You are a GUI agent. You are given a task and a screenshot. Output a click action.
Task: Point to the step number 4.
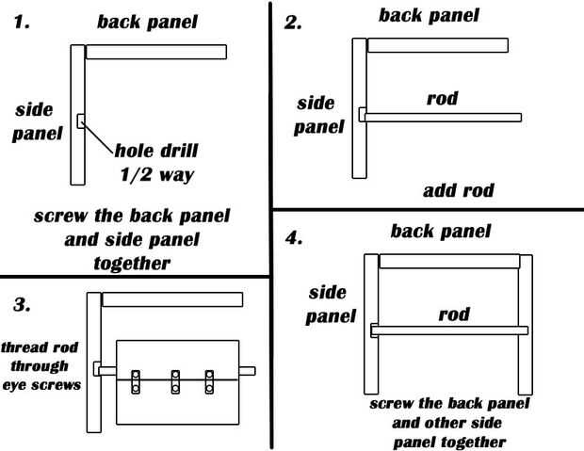(295, 236)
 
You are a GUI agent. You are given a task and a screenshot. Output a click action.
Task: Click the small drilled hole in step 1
(81, 120)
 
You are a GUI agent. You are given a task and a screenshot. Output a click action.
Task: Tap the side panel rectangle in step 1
(77, 114)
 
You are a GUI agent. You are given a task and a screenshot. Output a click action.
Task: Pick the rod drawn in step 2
(443, 117)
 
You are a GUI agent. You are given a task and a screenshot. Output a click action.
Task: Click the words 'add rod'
(459, 191)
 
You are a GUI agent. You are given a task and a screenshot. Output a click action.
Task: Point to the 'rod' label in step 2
(442, 98)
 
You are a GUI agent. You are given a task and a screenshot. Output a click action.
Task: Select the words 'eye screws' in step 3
(41, 384)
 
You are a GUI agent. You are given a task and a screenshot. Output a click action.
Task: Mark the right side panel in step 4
(526, 325)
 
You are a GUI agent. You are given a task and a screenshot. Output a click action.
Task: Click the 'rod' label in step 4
(454, 313)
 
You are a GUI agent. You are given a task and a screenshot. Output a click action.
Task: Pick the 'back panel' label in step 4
(441, 231)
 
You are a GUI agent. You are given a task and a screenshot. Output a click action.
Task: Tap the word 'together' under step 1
(132, 263)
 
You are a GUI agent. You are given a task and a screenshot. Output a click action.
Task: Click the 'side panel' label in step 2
(319, 115)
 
